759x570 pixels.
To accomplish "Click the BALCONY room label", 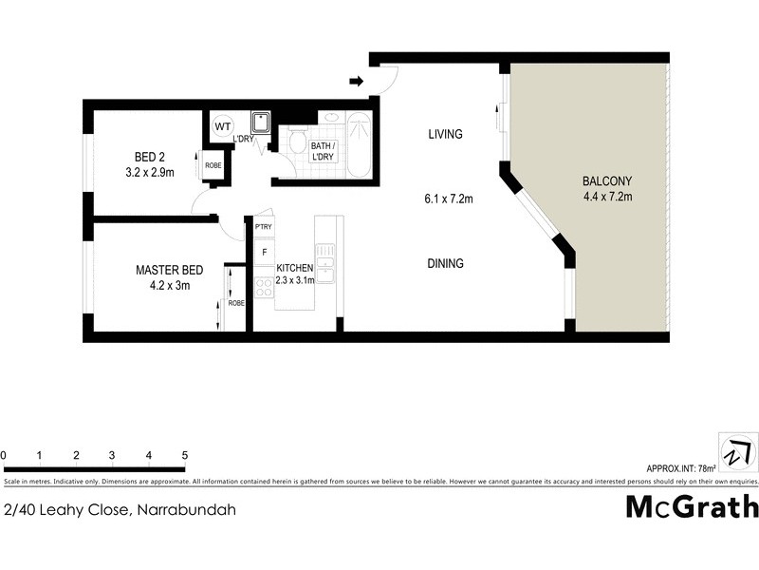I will point(608,180).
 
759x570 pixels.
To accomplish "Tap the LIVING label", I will point(444,134).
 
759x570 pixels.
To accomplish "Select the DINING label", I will point(444,263).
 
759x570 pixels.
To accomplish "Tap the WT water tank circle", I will point(223,126).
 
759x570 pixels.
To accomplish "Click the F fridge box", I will point(264,252).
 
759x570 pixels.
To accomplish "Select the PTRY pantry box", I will point(264,227).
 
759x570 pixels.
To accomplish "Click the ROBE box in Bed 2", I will point(213,164).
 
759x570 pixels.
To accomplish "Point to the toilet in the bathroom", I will point(297,142).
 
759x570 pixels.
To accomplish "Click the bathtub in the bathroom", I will point(360,145).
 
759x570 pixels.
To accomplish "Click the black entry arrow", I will point(357,82).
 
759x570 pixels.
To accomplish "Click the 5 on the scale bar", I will point(184,456).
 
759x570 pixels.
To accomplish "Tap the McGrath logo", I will point(692,505).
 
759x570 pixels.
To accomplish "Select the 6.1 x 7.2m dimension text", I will point(449,199).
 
